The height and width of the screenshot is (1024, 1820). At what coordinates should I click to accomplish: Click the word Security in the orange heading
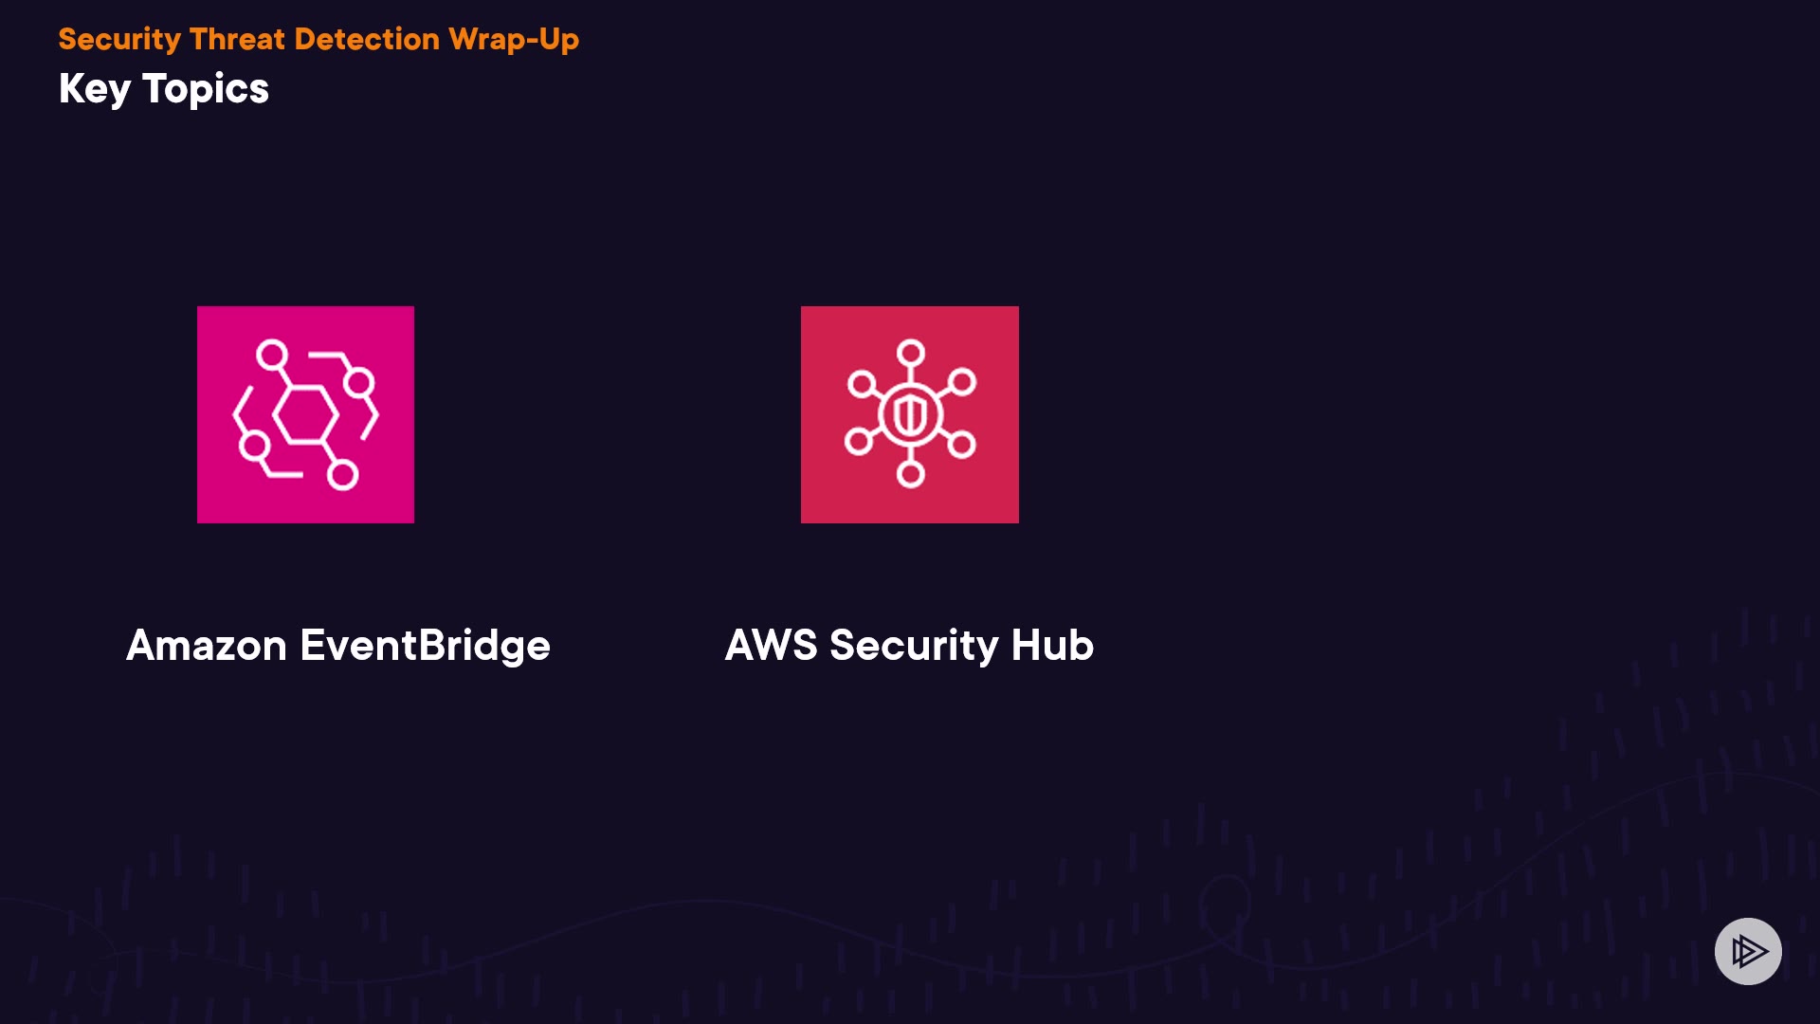119,40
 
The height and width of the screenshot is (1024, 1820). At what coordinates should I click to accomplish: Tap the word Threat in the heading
237,39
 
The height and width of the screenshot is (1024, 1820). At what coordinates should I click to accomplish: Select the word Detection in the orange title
367,39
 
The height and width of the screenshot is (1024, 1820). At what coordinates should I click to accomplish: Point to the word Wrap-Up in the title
514,40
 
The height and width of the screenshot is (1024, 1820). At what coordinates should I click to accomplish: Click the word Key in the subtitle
95,90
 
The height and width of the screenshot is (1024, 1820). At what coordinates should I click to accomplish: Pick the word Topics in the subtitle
206,90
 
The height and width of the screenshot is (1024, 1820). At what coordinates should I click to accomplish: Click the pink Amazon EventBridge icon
305,414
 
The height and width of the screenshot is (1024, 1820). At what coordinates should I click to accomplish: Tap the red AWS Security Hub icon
910,414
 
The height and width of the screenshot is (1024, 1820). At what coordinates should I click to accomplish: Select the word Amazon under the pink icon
207,646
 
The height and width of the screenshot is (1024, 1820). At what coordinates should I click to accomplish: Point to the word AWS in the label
771,646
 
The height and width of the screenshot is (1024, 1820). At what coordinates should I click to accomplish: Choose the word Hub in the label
1052,645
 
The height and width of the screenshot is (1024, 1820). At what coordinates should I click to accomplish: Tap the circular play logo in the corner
1748,951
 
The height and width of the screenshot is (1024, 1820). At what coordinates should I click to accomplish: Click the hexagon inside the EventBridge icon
305,414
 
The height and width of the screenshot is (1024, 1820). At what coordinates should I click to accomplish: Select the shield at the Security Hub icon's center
910,414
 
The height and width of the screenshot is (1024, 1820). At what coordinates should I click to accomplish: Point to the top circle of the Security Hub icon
911,353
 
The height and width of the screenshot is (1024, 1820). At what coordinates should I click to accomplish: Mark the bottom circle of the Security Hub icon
911,474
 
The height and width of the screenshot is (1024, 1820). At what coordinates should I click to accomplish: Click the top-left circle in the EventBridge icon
272,355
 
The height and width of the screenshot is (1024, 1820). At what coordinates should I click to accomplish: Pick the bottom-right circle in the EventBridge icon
342,474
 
